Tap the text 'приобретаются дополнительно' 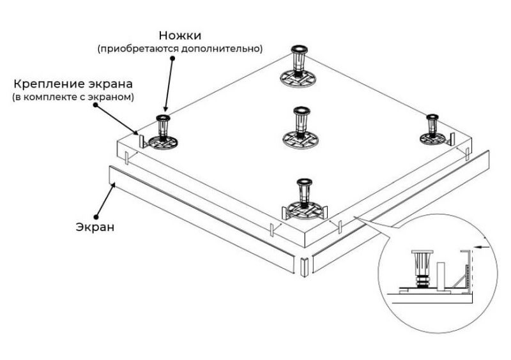pyautogui.click(x=178, y=49)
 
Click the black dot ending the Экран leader pyautogui.click(x=96, y=215)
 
